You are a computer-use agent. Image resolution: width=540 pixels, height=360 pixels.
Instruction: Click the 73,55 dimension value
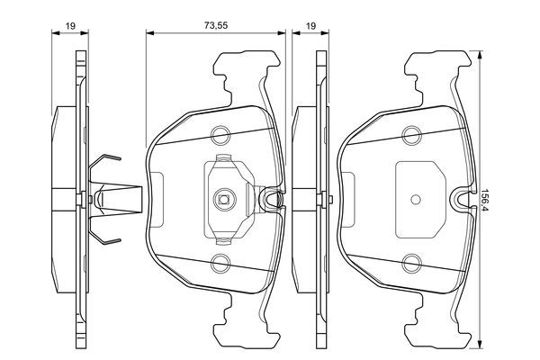coord(215,27)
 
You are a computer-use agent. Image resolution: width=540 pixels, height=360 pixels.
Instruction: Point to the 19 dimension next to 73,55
coord(310,27)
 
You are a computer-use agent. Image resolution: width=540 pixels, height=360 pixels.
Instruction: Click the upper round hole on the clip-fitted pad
coord(220,136)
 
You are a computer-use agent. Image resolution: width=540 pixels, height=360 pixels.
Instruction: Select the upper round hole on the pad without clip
coord(413,136)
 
